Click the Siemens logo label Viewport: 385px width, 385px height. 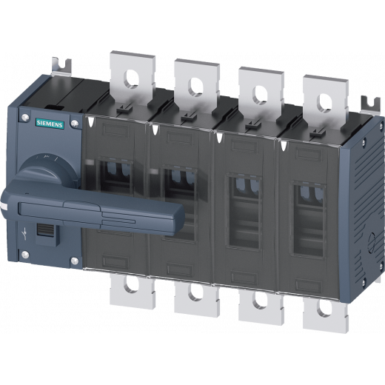(50, 124)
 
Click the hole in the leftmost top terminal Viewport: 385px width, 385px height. (131, 79)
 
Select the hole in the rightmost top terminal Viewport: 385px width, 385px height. (324, 103)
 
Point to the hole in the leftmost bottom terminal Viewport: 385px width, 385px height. (131, 284)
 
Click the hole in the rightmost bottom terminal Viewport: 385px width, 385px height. (325, 308)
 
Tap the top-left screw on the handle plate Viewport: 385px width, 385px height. (25, 117)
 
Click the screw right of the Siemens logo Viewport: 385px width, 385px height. (74, 123)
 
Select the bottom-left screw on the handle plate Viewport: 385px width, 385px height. (25, 255)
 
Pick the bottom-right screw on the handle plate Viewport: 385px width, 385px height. (75, 261)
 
